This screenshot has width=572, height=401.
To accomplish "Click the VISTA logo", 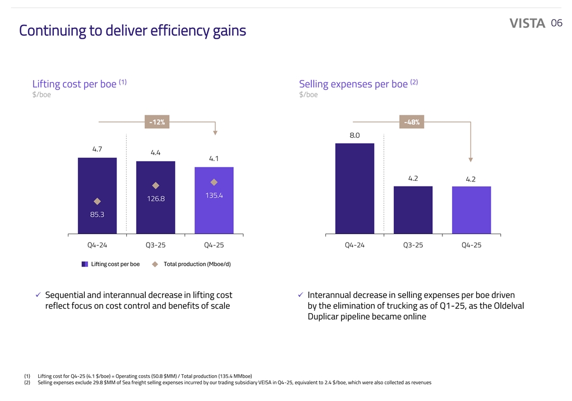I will tap(527, 23).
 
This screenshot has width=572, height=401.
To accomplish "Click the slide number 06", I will tap(556, 23).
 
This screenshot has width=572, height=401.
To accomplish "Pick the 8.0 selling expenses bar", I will tap(354, 188).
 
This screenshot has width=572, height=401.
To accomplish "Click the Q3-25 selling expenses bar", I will tap(413, 209).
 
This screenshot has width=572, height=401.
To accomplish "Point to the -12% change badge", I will tap(157, 122).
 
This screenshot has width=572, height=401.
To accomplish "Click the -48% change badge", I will tap(412, 122).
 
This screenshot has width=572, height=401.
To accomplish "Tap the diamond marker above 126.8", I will tap(155, 185).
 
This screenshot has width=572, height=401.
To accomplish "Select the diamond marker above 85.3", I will tap(97, 201).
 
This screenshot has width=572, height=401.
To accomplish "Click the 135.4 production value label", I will tap(214, 195).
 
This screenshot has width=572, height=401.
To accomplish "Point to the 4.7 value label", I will tap(98, 149).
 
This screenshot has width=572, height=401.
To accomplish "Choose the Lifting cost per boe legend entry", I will tap(110, 264).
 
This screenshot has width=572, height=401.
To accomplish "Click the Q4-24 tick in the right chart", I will tap(354, 245).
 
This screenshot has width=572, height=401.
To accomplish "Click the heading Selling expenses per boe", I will tap(353, 84).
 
